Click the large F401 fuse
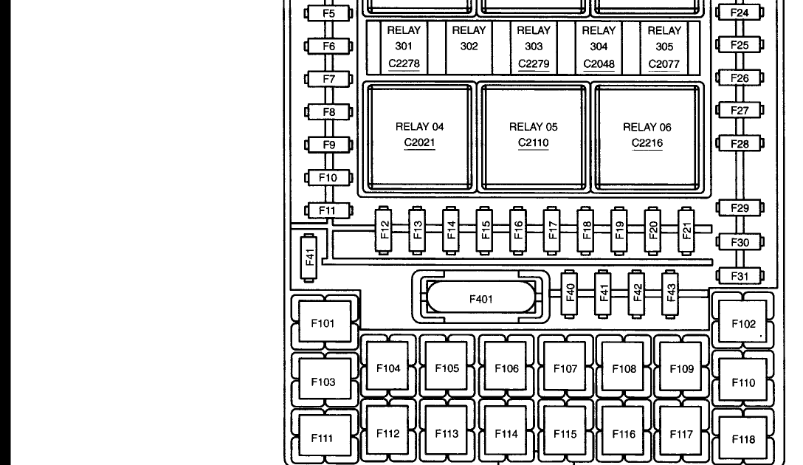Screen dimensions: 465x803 click(480, 299)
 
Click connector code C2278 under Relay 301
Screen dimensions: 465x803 click(404, 64)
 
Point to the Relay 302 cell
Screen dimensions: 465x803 click(469, 46)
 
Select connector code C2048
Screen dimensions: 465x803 click(599, 64)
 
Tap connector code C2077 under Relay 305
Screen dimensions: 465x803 click(664, 64)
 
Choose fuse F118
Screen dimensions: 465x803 click(743, 439)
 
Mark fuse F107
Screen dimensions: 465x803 click(565, 368)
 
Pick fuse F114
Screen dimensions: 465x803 click(506, 434)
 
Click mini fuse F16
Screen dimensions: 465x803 click(518, 230)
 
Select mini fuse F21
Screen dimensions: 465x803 click(686, 230)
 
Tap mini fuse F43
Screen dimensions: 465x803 click(671, 293)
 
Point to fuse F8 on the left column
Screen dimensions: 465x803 click(328, 112)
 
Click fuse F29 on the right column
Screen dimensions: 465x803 click(740, 208)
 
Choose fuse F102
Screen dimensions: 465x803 click(743, 324)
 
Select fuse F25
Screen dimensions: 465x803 click(740, 45)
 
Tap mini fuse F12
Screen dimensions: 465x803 click(384, 230)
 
